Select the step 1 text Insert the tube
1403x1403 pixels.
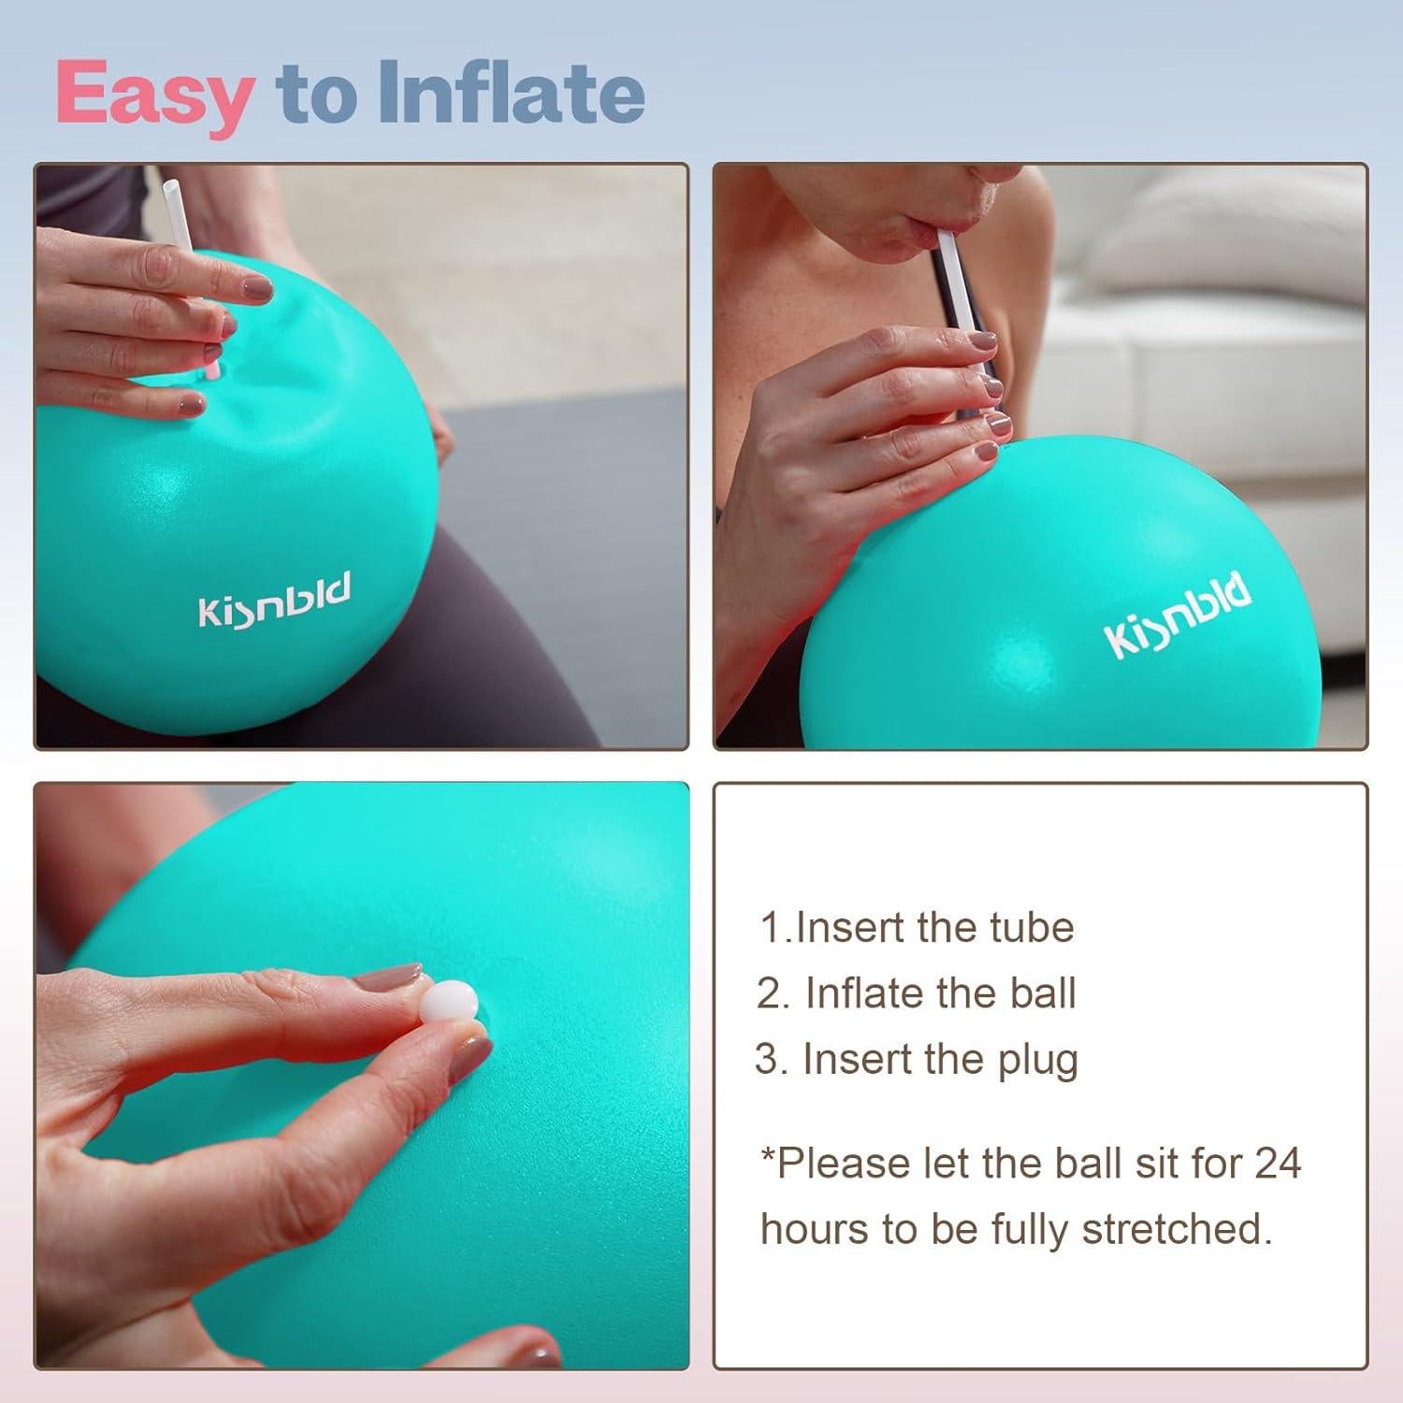click(x=917, y=928)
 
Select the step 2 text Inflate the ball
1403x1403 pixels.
click(x=917, y=993)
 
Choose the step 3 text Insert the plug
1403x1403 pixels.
click(x=917, y=1060)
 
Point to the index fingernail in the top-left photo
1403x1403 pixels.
click(x=254, y=289)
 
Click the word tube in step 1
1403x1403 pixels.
click(x=1034, y=928)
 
